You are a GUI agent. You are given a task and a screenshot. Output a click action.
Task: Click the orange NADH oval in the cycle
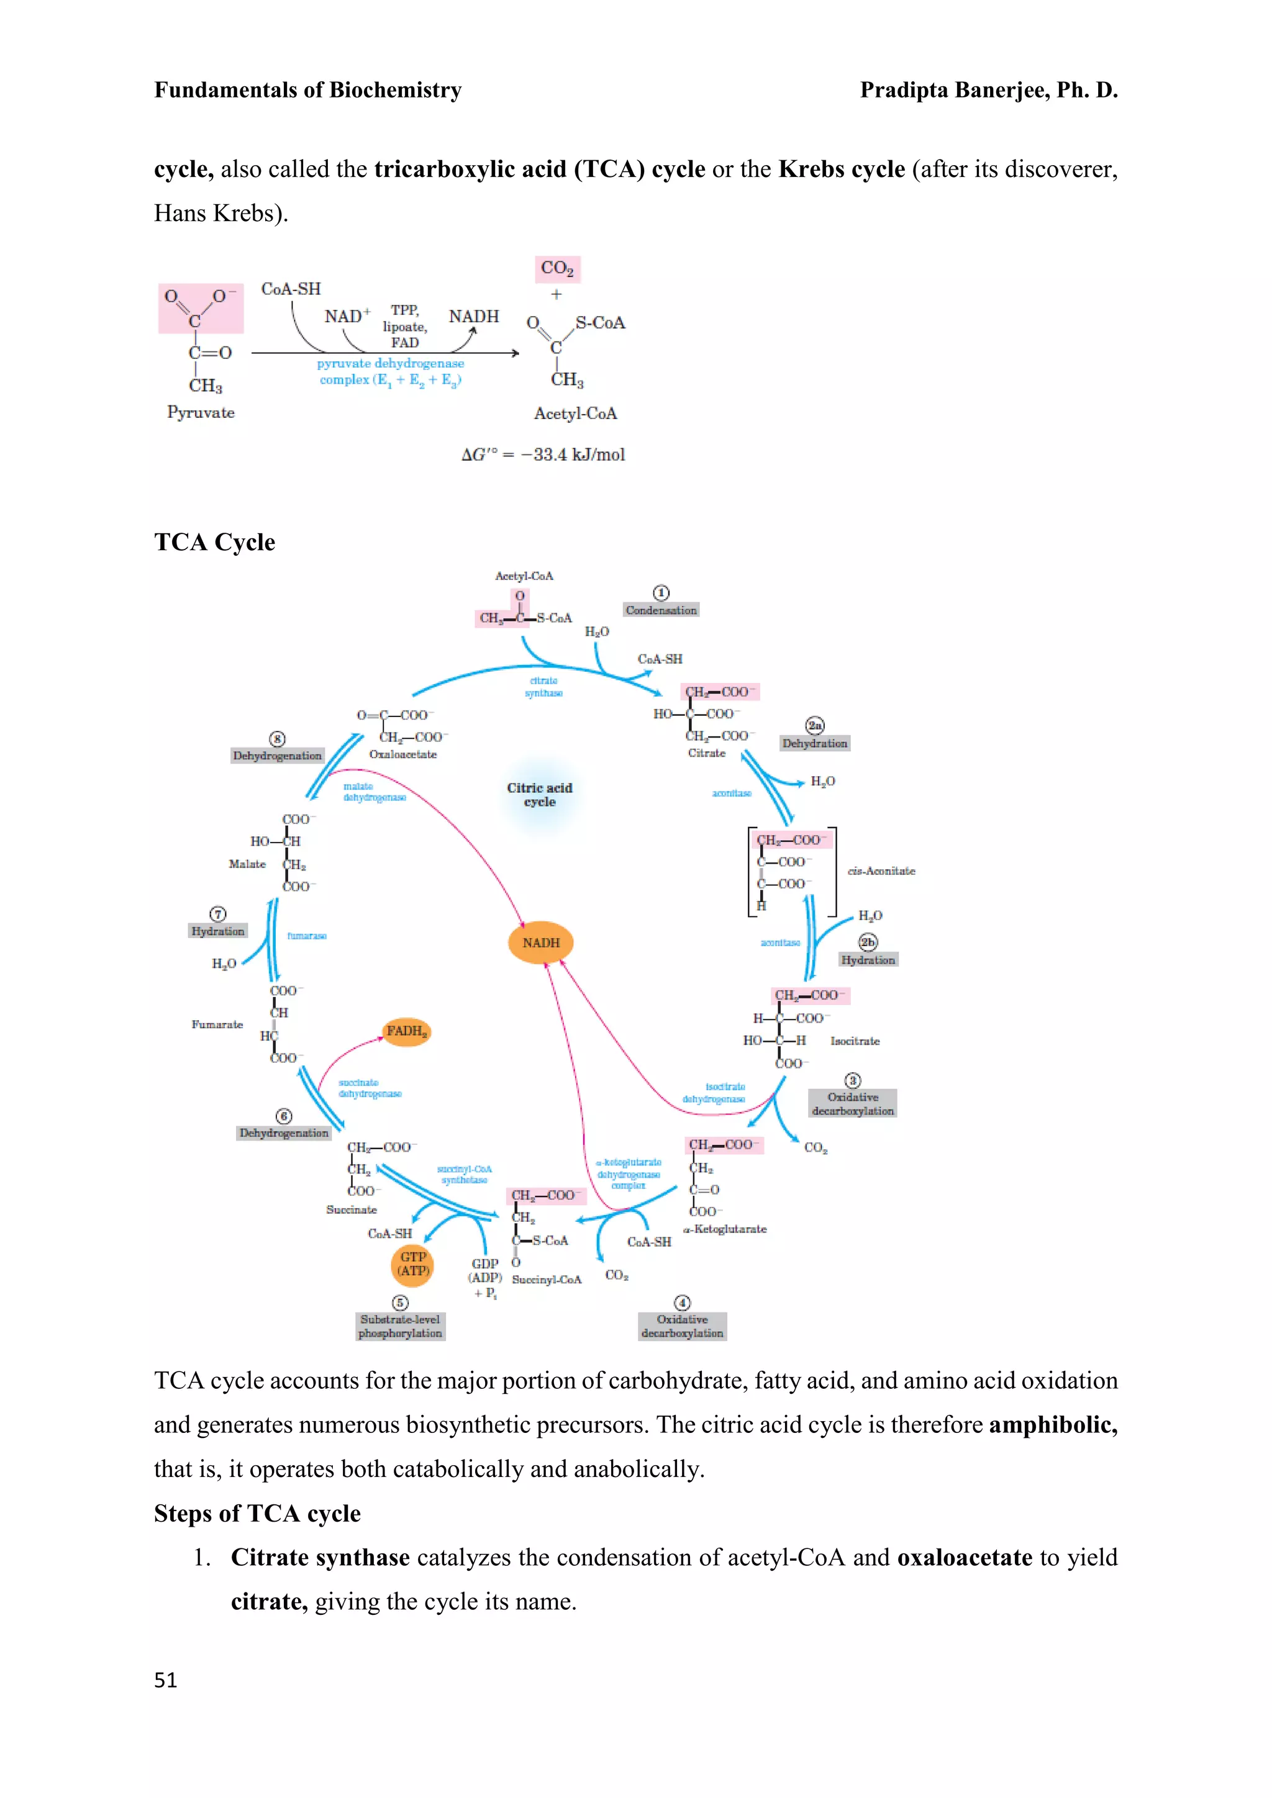[540, 942]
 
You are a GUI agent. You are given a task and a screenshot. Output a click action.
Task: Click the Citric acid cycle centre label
[540, 795]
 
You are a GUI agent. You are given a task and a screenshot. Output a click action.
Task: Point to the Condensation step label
[660, 610]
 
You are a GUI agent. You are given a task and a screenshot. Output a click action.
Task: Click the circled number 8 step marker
[277, 738]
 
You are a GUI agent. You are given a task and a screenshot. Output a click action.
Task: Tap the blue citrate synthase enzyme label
[543, 687]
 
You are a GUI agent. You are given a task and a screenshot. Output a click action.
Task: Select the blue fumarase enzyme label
[306, 936]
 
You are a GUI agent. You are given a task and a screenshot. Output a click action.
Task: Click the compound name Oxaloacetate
[402, 754]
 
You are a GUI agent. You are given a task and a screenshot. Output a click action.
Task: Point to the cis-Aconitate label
[881, 871]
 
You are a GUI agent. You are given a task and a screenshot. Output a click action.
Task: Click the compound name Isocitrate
[855, 1041]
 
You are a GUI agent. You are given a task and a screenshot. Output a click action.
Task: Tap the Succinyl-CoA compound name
[547, 1280]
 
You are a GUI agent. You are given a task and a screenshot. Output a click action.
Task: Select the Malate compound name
[247, 864]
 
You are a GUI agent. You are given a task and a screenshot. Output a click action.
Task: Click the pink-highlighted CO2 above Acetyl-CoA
[557, 269]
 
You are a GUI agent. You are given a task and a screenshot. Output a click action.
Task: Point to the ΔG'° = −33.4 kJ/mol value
[543, 455]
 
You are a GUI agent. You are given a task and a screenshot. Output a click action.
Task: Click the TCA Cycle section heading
[215, 542]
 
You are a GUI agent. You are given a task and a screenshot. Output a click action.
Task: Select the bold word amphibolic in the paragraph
[1053, 1424]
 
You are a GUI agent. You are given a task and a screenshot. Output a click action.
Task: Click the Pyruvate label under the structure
[201, 413]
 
